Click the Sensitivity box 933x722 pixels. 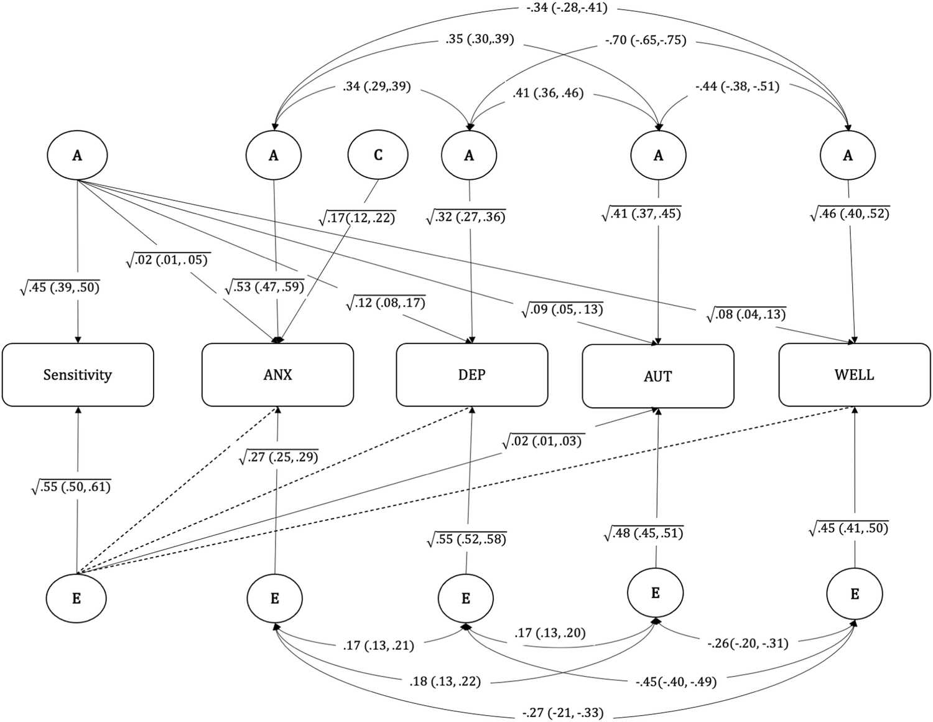coord(78,375)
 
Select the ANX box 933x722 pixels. coord(277,375)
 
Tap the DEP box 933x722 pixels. coord(472,375)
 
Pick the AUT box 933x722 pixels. coord(657,377)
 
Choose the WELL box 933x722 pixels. coord(854,375)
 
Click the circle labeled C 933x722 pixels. coord(378,155)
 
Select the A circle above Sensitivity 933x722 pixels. coord(77,155)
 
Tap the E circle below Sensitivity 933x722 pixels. coord(77,598)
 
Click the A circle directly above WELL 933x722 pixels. coord(847,156)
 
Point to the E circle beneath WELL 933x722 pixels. coord(854,594)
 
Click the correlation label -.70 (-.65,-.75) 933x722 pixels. coord(645,40)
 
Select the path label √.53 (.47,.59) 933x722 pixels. coord(264,287)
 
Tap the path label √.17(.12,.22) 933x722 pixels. coord(356,218)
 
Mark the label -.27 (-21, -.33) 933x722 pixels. coord(563,712)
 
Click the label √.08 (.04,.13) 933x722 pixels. coord(746,314)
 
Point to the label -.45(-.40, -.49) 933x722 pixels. coord(675,682)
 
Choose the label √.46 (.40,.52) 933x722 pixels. coord(850,213)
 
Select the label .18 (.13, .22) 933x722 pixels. coord(445,682)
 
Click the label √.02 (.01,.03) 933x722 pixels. coord(542,441)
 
